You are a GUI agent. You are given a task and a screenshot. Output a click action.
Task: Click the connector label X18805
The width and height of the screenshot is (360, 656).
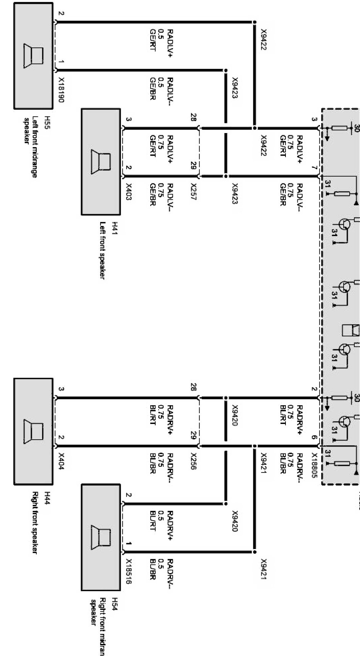click(315, 466)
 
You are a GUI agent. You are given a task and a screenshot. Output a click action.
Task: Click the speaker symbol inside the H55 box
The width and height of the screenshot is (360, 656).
click(34, 56)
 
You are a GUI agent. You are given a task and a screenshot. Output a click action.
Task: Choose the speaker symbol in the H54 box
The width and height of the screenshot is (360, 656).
click(101, 537)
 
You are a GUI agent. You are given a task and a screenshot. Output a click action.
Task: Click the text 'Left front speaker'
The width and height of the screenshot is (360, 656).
click(102, 250)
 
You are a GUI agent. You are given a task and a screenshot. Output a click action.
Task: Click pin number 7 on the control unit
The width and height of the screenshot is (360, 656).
click(314, 168)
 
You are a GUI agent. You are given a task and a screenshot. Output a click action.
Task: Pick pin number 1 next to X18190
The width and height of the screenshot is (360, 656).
click(62, 62)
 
